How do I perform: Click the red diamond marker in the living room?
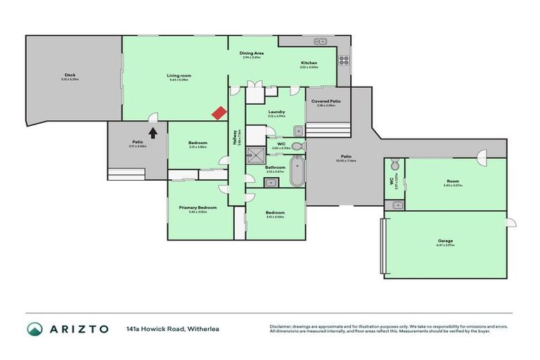pyautogui.click(x=219, y=112)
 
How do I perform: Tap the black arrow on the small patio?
pyautogui.click(x=152, y=131)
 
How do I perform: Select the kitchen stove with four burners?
pyautogui.click(x=345, y=60)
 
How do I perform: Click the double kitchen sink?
pyautogui.click(x=321, y=41)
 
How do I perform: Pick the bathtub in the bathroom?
pyautogui.click(x=297, y=172)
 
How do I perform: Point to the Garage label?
pyautogui.click(x=445, y=241)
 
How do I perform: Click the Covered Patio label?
pyautogui.click(x=326, y=101)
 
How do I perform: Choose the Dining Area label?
pyautogui.click(x=251, y=53)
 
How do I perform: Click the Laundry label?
pyautogui.click(x=276, y=112)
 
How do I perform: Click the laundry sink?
pyautogui.click(x=297, y=130)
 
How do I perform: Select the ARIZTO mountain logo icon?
pyautogui.click(x=34, y=329)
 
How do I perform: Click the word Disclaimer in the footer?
pyautogui.click(x=281, y=326)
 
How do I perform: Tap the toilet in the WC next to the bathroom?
pyautogui.click(x=297, y=146)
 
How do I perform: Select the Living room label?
pyautogui.click(x=179, y=75)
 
